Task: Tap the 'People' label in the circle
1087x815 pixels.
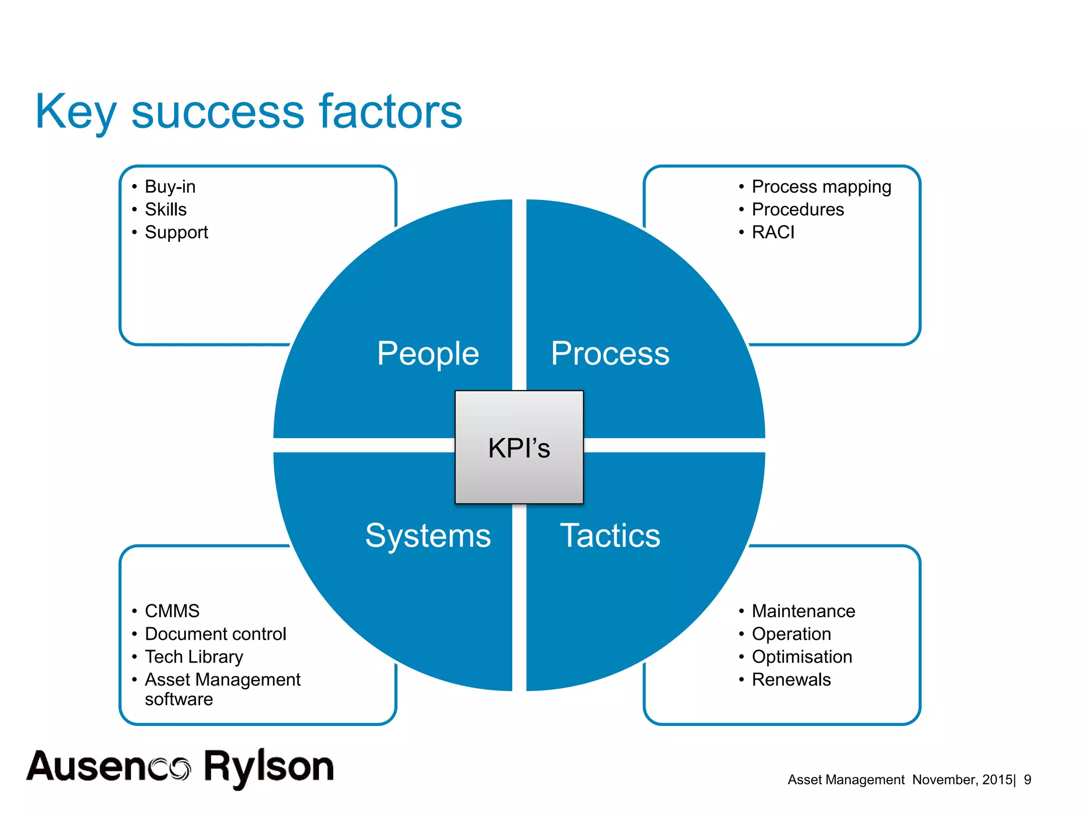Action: [x=428, y=353]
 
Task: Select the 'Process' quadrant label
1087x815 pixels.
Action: [x=610, y=353]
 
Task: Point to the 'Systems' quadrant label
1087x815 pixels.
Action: [x=428, y=535]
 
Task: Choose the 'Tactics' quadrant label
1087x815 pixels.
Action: [x=610, y=535]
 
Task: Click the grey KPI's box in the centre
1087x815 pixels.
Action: [x=519, y=447]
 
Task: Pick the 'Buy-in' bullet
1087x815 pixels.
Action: [x=170, y=187]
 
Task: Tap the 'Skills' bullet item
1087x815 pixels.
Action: [x=166, y=210]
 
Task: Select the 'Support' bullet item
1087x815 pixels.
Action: [x=176, y=232]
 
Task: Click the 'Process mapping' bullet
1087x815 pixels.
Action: [x=821, y=187]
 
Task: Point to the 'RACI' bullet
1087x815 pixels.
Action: [x=773, y=232]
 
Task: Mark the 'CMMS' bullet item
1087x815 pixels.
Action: [x=172, y=611]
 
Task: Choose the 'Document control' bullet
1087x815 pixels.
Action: [x=215, y=634]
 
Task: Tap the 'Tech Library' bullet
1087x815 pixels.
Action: [x=194, y=657]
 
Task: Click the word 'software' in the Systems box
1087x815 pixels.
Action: [x=179, y=699]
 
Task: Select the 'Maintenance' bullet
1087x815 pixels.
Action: [x=803, y=611]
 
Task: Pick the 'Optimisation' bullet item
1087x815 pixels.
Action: [x=801, y=657]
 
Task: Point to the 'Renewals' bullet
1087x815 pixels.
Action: [x=791, y=680]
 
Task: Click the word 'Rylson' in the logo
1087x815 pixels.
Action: [x=269, y=767]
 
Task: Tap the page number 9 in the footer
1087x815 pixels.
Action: [x=1028, y=779]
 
